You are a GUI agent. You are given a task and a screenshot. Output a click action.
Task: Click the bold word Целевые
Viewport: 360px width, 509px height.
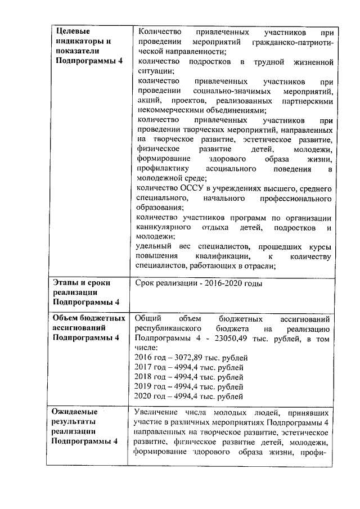(72, 31)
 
